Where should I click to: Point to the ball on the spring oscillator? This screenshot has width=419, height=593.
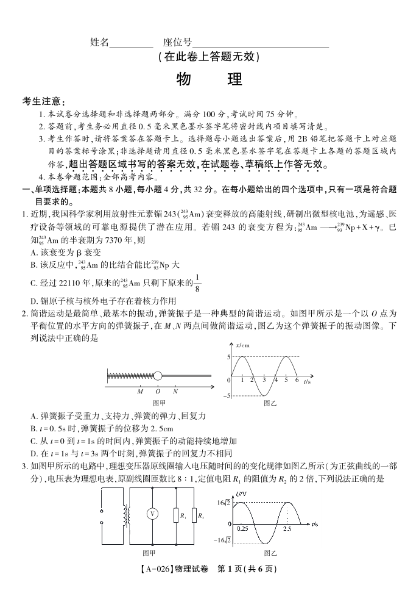coord(158,376)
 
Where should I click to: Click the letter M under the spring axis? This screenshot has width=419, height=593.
coord(140,391)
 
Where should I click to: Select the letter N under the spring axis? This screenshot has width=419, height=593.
coord(175,391)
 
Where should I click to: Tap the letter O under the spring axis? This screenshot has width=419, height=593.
coord(158,391)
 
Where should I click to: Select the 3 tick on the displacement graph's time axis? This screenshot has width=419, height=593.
coord(264,380)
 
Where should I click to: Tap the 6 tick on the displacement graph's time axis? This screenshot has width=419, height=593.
coord(297,380)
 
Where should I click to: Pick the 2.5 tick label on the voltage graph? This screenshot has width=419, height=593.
coord(287,529)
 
